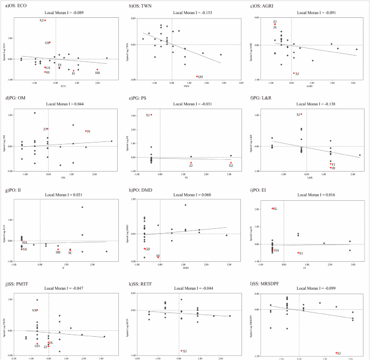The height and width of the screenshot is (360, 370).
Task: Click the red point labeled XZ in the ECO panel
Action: (x=45, y=21)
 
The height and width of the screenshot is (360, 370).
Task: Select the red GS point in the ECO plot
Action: (x=50, y=42)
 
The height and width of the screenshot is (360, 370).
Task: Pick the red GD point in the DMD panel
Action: (x=145, y=249)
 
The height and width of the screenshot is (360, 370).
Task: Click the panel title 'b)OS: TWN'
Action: (x=139, y=5)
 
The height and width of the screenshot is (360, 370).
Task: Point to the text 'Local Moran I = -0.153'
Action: (x=185, y=12)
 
